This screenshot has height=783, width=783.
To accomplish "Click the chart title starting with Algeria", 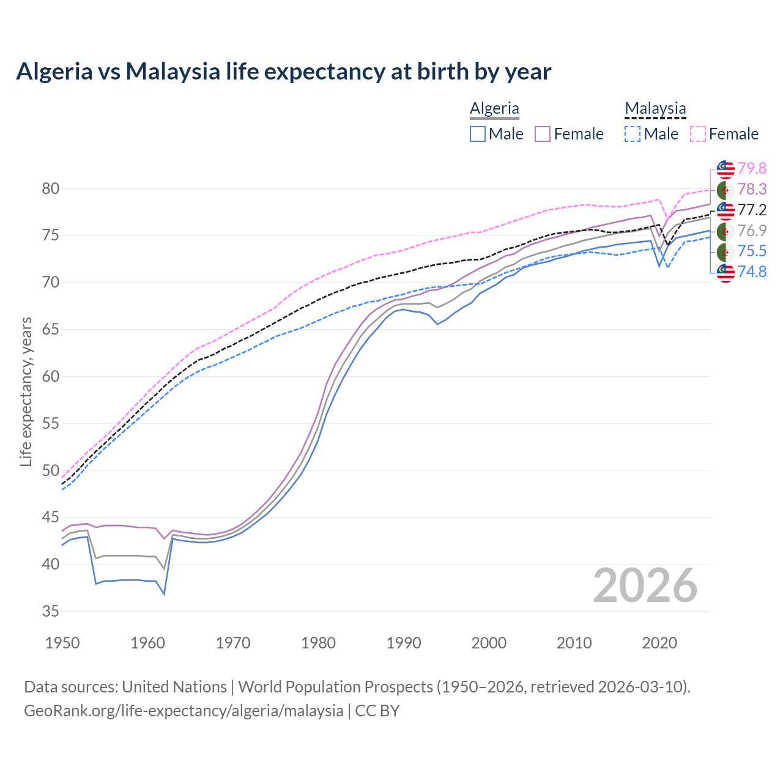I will point(283,72).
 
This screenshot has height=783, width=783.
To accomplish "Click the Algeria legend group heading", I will point(494,108).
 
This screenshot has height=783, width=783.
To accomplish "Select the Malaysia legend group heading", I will point(655,108).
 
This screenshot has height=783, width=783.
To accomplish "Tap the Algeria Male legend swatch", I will point(478,134).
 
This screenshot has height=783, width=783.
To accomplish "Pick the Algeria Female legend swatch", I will point(543,134).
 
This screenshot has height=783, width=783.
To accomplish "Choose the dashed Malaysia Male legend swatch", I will point(633,134).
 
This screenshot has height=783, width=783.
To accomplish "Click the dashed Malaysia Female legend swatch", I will point(698,134).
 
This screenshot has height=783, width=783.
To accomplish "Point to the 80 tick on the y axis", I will point(51,188).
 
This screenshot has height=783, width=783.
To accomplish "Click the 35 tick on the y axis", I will point(51,611).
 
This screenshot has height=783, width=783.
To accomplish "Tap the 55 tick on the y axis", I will point(51,423).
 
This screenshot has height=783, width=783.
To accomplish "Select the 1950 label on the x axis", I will point(63,643).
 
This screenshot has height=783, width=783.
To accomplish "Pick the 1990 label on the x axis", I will point(404,643).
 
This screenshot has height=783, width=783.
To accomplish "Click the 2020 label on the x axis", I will point(659,643).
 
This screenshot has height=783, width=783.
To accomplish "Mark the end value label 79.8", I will point(752,168).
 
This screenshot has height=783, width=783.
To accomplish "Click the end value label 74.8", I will point(752,272).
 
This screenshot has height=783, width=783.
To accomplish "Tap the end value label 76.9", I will point(752,231).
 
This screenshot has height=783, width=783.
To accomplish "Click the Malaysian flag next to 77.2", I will point(725,210).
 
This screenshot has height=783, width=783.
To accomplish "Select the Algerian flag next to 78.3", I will point(725,190).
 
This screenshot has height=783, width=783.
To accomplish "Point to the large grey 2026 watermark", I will point(645,585).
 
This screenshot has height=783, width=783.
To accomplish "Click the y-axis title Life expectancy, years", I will point(26,391).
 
